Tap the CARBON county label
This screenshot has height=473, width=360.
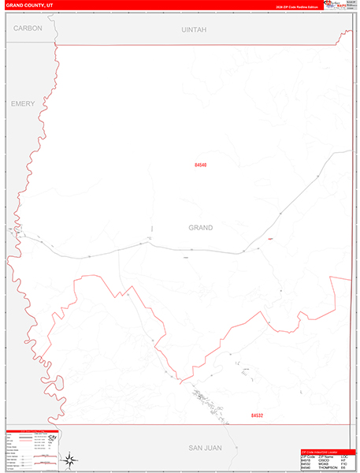pos(28,28)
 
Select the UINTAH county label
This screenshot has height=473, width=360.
pos(194,29)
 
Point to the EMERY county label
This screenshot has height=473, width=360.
pos(22,103)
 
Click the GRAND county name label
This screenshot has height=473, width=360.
pos(200,228)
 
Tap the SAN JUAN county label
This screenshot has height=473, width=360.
pos(204,448)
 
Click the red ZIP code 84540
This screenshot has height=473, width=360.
pos(200,165)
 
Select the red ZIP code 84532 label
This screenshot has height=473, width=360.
pos(257,415)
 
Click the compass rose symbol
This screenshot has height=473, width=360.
pos(70,460)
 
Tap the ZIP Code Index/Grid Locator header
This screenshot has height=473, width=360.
pos(324,451)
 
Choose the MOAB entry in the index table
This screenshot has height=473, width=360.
pos(322,464)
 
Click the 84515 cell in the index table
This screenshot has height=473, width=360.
pos(306,460)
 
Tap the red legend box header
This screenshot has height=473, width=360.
pos(32,432)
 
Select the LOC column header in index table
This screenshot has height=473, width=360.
pos(345,456)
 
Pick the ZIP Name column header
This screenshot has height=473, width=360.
pos(325,456)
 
